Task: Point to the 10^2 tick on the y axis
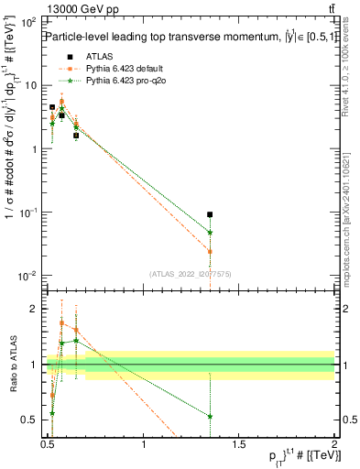pyautogui.click(x=28, y=21)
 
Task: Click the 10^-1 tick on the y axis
pyautogui.click(x=28, y=213)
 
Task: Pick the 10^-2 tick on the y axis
pyautogui.click(x=28, y=277)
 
